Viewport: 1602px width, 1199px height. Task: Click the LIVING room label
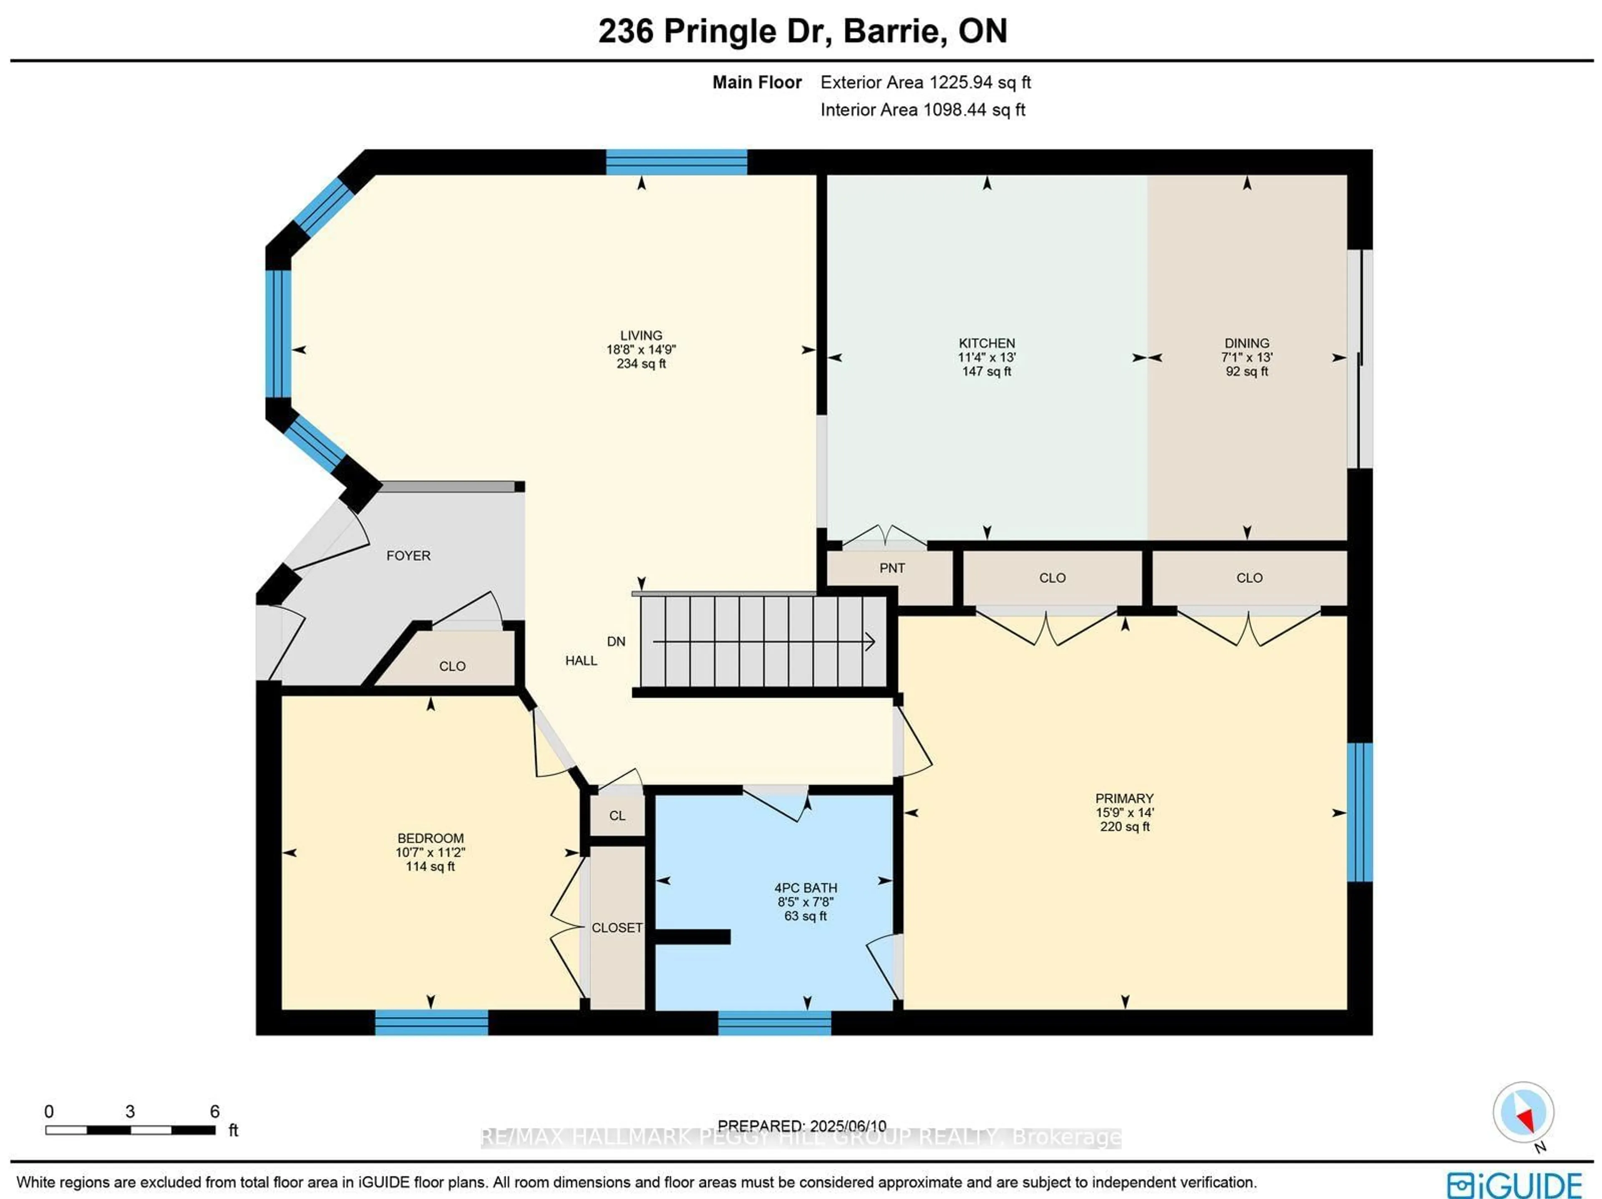click(x=640, y=335)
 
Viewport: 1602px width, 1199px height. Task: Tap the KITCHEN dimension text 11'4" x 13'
click(x=986, y=357)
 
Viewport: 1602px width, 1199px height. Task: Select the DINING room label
click(x=1247, y=343)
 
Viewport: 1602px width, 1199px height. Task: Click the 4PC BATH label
click(x=805, y=887)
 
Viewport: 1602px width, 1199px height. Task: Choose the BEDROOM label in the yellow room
click(x=430, y=838)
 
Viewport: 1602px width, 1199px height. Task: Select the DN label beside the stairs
click(x=616, y=641)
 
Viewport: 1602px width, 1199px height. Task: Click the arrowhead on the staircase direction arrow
click(x=871, y=641)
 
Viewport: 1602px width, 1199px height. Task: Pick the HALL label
click(x=581, y=660)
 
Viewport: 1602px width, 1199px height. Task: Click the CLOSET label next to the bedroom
click(x=616, y=928)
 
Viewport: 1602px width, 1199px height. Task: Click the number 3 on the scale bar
click(x=130, y=1111)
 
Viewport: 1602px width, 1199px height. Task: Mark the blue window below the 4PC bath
click(x=774, y=1022)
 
